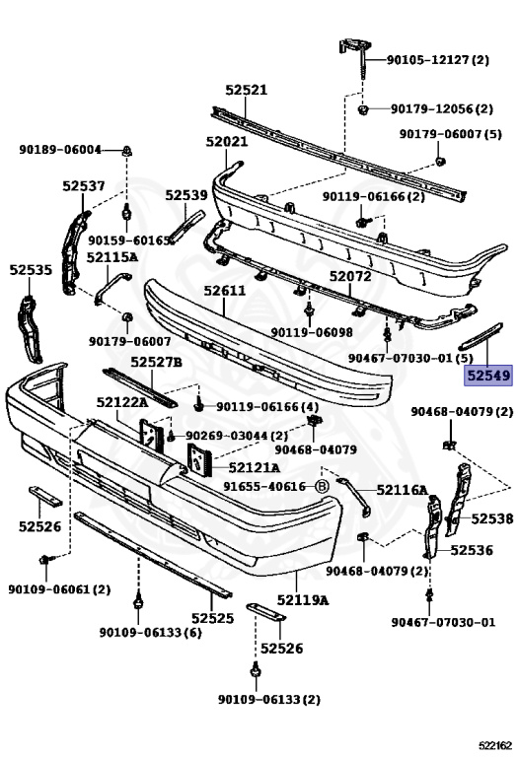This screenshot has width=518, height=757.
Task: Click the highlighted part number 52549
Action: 488,376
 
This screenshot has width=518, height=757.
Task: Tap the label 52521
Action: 246,90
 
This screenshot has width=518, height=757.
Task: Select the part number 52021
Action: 227,142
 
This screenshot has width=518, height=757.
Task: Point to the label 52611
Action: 224,291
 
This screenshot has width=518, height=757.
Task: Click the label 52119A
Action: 303,600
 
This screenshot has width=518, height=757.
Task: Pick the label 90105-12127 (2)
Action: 438,60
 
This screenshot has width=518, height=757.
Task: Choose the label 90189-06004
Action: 60,150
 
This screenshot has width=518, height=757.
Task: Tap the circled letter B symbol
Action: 322,487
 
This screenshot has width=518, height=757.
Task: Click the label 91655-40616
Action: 264,487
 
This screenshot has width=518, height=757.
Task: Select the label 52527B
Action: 156,361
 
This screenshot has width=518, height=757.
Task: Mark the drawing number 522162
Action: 495,746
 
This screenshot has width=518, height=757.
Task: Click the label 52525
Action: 212,618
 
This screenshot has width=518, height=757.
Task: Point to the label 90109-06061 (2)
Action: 59,589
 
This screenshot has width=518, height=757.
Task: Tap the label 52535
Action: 31,269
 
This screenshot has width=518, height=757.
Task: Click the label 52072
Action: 350,276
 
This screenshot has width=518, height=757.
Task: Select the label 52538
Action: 492,518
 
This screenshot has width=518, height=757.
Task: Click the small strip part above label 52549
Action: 481,336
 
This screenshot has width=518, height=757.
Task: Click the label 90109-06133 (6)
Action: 150,632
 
